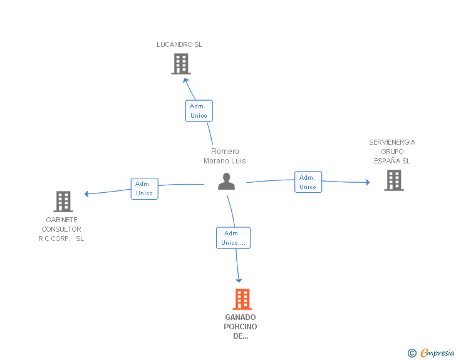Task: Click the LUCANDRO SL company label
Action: click(x=179, y=44)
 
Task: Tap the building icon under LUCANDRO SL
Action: click(x=181, y=64)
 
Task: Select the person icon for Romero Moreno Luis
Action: click(x=226, y=182)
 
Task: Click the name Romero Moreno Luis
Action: click(x=225, y=156)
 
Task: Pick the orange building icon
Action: click(x=242, y=299)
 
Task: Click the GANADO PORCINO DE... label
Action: click(x=241, y=327)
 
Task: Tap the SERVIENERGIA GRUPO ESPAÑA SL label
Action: click(x=392, y=152)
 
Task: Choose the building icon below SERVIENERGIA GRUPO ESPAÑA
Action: click(x=394, y=180)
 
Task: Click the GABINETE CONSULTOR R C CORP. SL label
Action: click(x=61, y=229)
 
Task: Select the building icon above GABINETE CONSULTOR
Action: click(x=63, y=202)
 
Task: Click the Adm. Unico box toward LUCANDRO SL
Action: click(x=199, y=111)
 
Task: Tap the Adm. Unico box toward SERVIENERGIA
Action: click(x=308, y=182)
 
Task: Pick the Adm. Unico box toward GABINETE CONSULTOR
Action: click(x=144, y=188)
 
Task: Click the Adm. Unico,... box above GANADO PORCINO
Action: click(x=233, y=238)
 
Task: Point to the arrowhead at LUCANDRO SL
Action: click(x=185, y=81)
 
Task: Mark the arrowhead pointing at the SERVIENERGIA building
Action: click(x=368, y=182)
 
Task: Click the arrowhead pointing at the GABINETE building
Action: click(x=86, y=194)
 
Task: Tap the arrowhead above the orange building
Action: click(x=239, y=280)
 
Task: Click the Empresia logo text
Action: click(x=437, y=353)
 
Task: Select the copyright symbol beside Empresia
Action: click(x=412, y=353)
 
